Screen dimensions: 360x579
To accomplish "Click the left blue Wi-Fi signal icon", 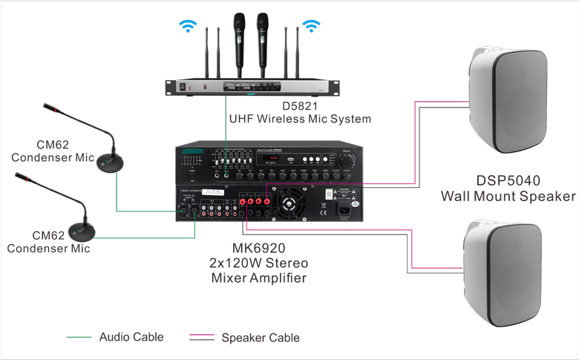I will click(185, 27).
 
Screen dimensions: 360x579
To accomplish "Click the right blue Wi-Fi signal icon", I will click(311, 27).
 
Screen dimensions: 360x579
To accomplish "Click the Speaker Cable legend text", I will click(261, 338).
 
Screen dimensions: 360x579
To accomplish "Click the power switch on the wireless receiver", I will click(178, 87).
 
